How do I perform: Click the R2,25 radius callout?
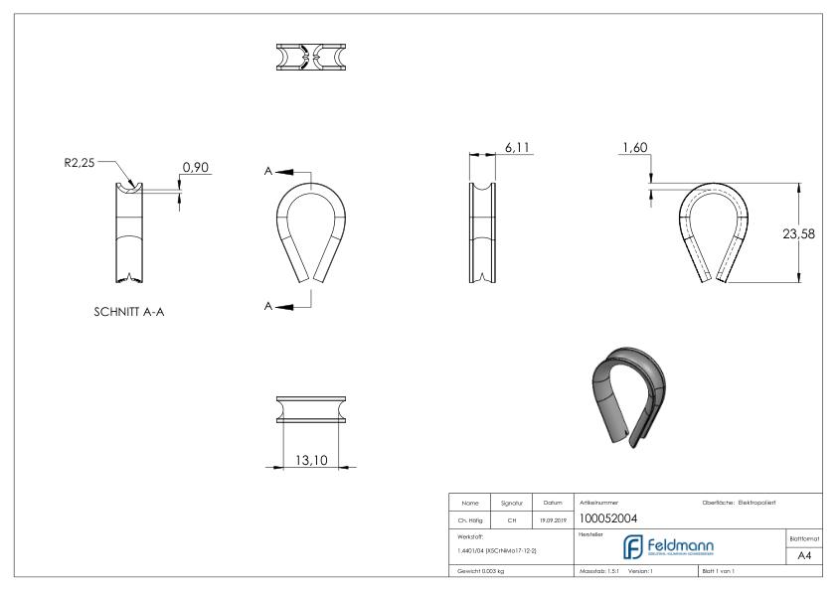point(80,164)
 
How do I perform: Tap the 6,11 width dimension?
point(518,147)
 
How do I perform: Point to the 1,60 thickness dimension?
point(635,147)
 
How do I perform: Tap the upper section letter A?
point(268,171)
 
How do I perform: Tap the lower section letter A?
point(268,306)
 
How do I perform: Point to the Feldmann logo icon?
point(632,547)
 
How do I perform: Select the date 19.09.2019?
point(554,518)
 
